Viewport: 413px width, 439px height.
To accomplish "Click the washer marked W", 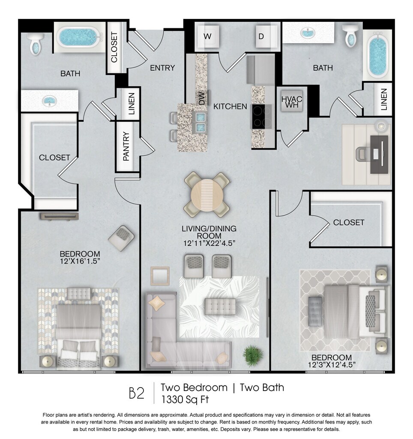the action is coord(208,37).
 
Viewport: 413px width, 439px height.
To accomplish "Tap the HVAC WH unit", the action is coord(292,101).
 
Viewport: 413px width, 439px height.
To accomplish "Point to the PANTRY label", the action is coord(126,146).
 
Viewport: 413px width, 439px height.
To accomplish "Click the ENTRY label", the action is coord(162,68).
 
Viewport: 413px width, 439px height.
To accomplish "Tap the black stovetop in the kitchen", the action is coord(262,117).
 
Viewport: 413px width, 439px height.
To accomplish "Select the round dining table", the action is coord(207,195).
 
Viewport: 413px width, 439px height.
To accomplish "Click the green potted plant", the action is coord(253,355).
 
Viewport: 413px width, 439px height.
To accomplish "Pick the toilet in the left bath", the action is coord(36,43).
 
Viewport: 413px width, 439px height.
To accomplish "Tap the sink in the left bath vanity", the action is coord(50,101).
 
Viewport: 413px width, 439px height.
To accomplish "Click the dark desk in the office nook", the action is coord(379,154).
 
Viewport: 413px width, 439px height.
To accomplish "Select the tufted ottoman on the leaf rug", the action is coord(220,307).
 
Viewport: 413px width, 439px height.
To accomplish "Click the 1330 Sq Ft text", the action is coord(185,400).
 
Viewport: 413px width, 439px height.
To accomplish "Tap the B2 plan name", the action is coord(137,393).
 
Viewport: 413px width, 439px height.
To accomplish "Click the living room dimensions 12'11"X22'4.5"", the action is coord(209,244).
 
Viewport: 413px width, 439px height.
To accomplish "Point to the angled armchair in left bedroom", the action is coord(121,238).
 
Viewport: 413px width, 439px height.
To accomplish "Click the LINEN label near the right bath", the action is coord(384,99).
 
